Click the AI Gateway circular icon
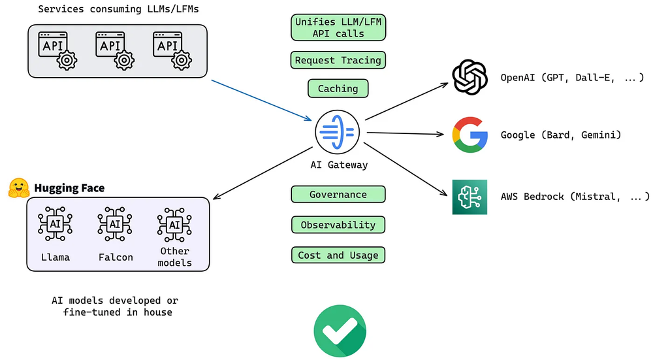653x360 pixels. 338,132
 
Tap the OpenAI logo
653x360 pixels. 470,78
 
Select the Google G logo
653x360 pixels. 470,135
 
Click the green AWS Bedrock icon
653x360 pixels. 470,197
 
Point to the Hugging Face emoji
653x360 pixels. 19,188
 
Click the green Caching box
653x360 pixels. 338,88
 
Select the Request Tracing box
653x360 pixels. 338,60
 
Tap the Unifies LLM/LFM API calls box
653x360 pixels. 338,27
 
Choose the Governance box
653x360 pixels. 338,195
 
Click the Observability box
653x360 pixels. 338,225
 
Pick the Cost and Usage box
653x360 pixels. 338,255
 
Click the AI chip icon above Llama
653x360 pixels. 55,225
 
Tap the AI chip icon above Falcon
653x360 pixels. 115,225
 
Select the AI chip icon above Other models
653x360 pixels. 174,225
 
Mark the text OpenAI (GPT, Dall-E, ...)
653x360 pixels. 565,78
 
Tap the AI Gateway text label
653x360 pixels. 338,165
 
